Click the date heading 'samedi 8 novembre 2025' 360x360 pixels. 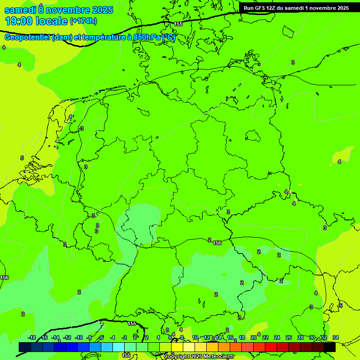pyautogui.click(x=58, y=9)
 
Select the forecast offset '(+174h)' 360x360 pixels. pyautogui.click(x=83, y=21)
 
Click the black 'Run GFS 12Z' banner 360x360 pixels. pyautogui.click(x=296, y=7)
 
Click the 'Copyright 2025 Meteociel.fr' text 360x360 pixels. pyautogui.click(x=199, y=357)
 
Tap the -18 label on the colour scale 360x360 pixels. pyautogui.click(x=32, y=337)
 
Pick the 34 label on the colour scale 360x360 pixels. pyautogui.click(x=336, y=337)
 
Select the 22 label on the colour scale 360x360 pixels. pyautogui.click(x=265, y=337)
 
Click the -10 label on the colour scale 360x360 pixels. pyautogui.click(x=79, y=337)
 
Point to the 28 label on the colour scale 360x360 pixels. pyautogui.click(x=300, y=337)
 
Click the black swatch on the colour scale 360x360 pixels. pyautogui.click(x=330, y=347)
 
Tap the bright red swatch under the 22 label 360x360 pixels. pyautogui.click(x=271, y=347)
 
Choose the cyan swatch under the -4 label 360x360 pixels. pyautogui.click(x=119, y=347)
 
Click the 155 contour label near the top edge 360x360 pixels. pyautogui.click(x=178, y=24)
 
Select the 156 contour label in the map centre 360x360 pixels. pyautogui.click(x=217, y=243)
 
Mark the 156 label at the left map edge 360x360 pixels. pyautogui.click(x=4, y=278)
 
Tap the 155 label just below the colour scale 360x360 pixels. pyautogui.click(x=127, y=355)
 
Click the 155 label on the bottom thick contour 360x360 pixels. pyautogui.click(x=132, y=323)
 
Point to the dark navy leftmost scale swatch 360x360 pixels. pyautogui.click(x=25, y=347)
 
